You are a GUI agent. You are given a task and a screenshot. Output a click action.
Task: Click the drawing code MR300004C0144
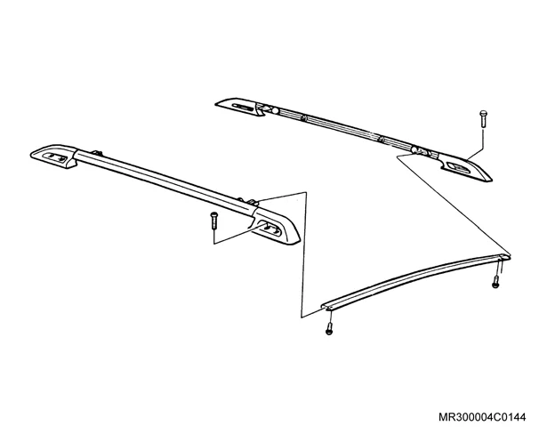[482, 417]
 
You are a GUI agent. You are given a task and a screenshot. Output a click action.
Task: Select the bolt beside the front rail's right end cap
[213, 221]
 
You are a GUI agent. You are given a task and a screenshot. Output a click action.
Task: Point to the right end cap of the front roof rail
[275, 226]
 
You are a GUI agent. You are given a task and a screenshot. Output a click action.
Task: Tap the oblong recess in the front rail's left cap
[54, 157]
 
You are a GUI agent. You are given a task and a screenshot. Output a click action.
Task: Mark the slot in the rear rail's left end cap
[243, 107]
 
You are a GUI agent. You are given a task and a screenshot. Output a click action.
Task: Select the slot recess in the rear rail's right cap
[458, 167]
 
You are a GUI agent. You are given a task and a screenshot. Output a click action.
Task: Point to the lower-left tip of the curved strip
[323, 306]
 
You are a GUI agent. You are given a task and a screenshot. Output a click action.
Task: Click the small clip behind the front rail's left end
[96, 152]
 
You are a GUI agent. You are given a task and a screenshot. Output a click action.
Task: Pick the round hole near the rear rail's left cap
[275, 111]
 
